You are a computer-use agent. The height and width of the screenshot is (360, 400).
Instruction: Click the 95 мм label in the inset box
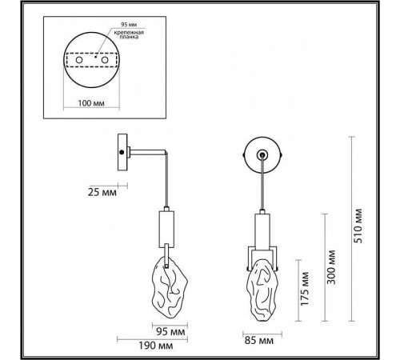click(104, 24)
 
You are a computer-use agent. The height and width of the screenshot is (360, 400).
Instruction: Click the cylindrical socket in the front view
click(260, 231)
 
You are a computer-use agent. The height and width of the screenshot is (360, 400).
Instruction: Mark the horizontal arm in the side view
click(146, 150)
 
